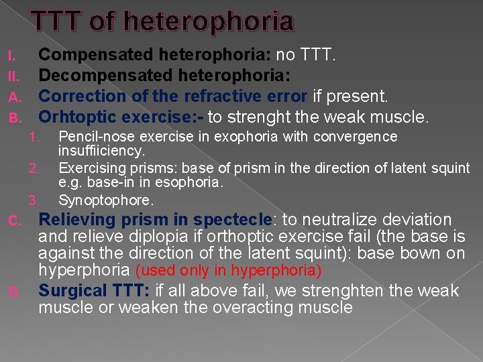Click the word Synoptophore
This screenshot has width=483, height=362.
[96, 200]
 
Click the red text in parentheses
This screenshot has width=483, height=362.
[229, 271]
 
